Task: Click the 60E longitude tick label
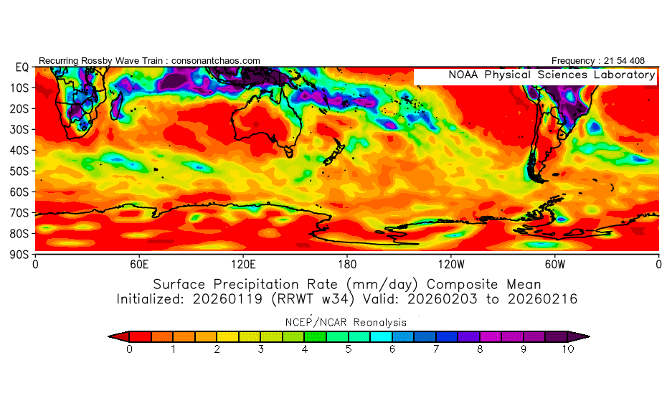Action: pos(139,265)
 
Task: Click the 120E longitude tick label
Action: pos(243,265)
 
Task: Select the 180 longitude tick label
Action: pos(347,265)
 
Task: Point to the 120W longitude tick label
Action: pos(451,265)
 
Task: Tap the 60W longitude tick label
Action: pos(555,265)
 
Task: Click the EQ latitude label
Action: pos(22,67)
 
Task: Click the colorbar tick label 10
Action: pos(568,349)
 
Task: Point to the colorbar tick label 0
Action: pos(129,349)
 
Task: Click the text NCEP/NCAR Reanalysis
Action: pos(348,322)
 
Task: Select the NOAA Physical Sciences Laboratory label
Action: pos(552,75)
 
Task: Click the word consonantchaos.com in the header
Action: pos(215,61)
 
